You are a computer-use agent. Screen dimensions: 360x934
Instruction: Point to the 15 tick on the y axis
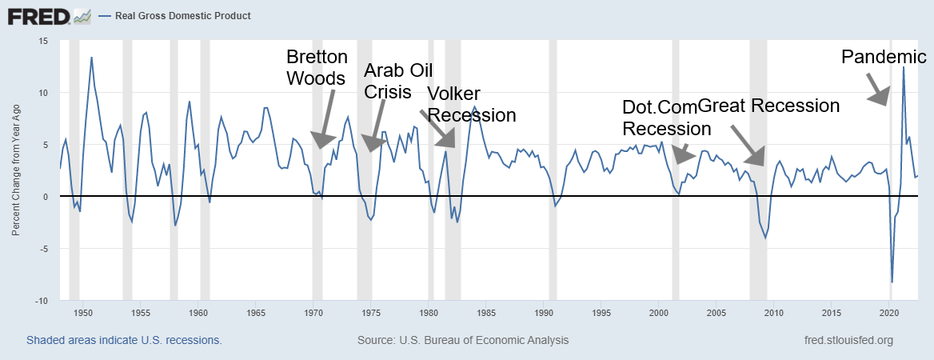click(43, 41)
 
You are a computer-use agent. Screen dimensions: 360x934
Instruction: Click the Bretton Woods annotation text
click(317, 68)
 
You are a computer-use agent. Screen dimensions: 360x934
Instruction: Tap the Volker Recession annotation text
click(471, 104)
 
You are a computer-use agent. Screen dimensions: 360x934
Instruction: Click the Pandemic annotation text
click(884, 57)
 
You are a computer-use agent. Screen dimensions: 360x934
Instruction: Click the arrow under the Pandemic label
click(876, 89)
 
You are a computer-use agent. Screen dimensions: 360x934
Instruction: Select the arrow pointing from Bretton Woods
click(327, 117)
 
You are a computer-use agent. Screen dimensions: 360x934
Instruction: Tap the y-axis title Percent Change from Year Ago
click(16, 170)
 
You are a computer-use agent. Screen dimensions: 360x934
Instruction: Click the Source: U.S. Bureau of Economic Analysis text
click(463, 340)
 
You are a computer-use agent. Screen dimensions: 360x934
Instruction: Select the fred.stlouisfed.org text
click(848, 340)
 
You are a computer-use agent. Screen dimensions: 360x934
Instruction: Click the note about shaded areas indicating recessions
click(124, 340)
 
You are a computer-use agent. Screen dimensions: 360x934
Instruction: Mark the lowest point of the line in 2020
click(892, 282)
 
